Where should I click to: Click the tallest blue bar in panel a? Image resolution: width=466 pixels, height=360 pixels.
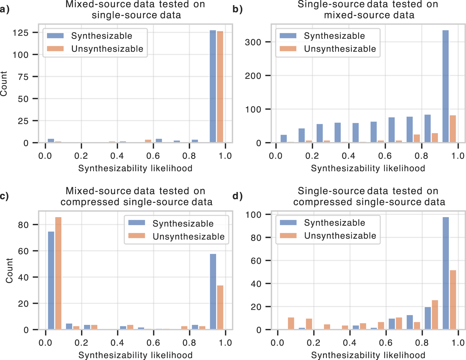pos(213,86)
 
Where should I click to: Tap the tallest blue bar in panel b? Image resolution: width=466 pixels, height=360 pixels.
pos(445,86)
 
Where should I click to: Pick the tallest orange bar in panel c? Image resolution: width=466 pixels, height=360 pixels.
pos(58,273)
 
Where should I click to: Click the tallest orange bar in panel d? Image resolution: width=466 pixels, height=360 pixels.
pos(453,300)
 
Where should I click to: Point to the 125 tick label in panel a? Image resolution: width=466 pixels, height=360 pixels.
pos(21,33)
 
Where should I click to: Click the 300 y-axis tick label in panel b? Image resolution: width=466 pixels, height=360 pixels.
pos(253,42)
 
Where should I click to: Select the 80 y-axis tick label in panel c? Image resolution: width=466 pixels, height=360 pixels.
pos(23,225)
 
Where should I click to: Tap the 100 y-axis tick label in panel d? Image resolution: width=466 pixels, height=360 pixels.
pos(253,215)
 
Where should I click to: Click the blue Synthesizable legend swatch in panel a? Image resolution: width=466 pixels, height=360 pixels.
pos(55,36)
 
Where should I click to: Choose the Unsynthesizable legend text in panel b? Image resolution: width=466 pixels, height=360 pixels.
pos(340,49)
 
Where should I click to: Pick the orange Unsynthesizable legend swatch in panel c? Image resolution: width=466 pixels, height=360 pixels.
pos(137,236)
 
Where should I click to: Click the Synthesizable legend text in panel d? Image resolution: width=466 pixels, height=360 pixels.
pos(334,223)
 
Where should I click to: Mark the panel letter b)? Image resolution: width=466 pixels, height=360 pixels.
pos(237,9)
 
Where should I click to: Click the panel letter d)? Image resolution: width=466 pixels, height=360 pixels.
pos(237,196)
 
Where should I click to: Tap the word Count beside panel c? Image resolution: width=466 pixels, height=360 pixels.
pos(9,271)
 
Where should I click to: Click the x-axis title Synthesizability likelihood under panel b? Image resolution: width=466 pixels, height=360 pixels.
pos(368,168)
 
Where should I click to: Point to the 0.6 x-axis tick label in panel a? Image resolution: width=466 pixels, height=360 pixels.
pos(153,156)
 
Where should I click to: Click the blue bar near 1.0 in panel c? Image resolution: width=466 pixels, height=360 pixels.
pos(213,292)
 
